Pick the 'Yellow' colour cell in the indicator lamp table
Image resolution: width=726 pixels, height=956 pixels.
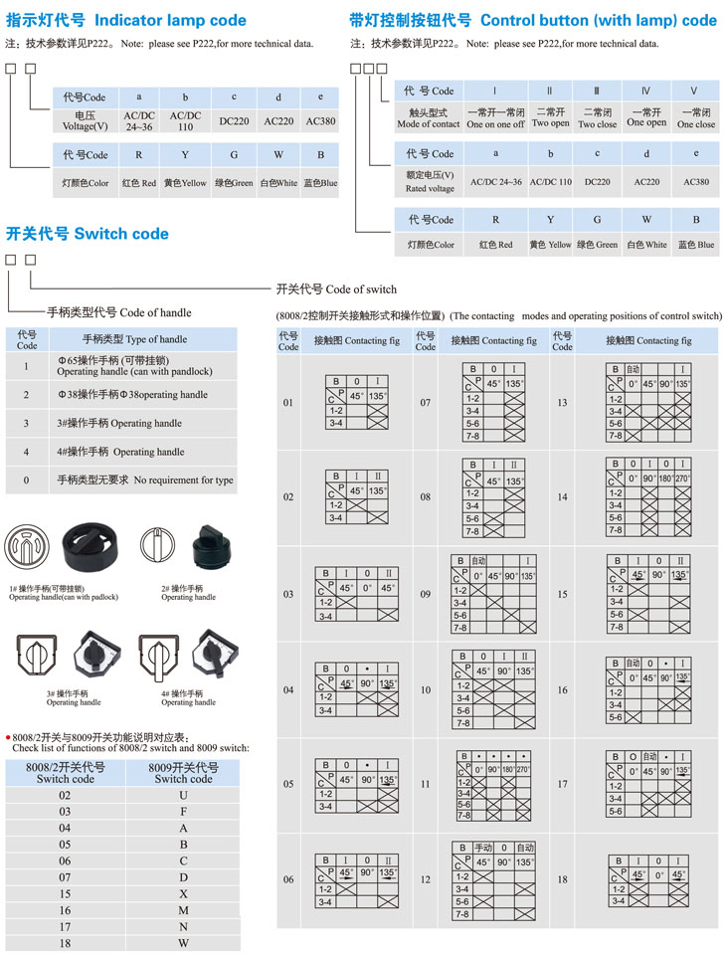(x=185, y=183)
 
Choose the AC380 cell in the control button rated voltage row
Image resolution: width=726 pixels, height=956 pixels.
(x=696, y=182)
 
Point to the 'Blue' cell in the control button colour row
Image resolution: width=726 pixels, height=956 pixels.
(x=696, y=245)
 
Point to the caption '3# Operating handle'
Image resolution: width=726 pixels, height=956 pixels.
(x=74, y=697)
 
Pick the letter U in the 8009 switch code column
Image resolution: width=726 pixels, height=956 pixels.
(x=183, y=796)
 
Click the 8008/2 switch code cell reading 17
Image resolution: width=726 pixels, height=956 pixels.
(x=65, y=926)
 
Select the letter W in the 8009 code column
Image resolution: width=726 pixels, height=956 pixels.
(x=183, y=943)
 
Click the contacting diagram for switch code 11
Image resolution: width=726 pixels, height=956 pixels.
(x=493, y=785)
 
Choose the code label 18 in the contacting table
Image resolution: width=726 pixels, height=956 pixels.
(x=562, y=879)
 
